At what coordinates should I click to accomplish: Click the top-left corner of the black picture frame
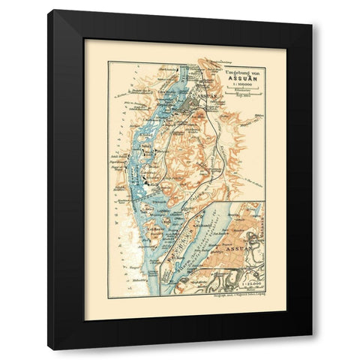click(48, 10)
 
